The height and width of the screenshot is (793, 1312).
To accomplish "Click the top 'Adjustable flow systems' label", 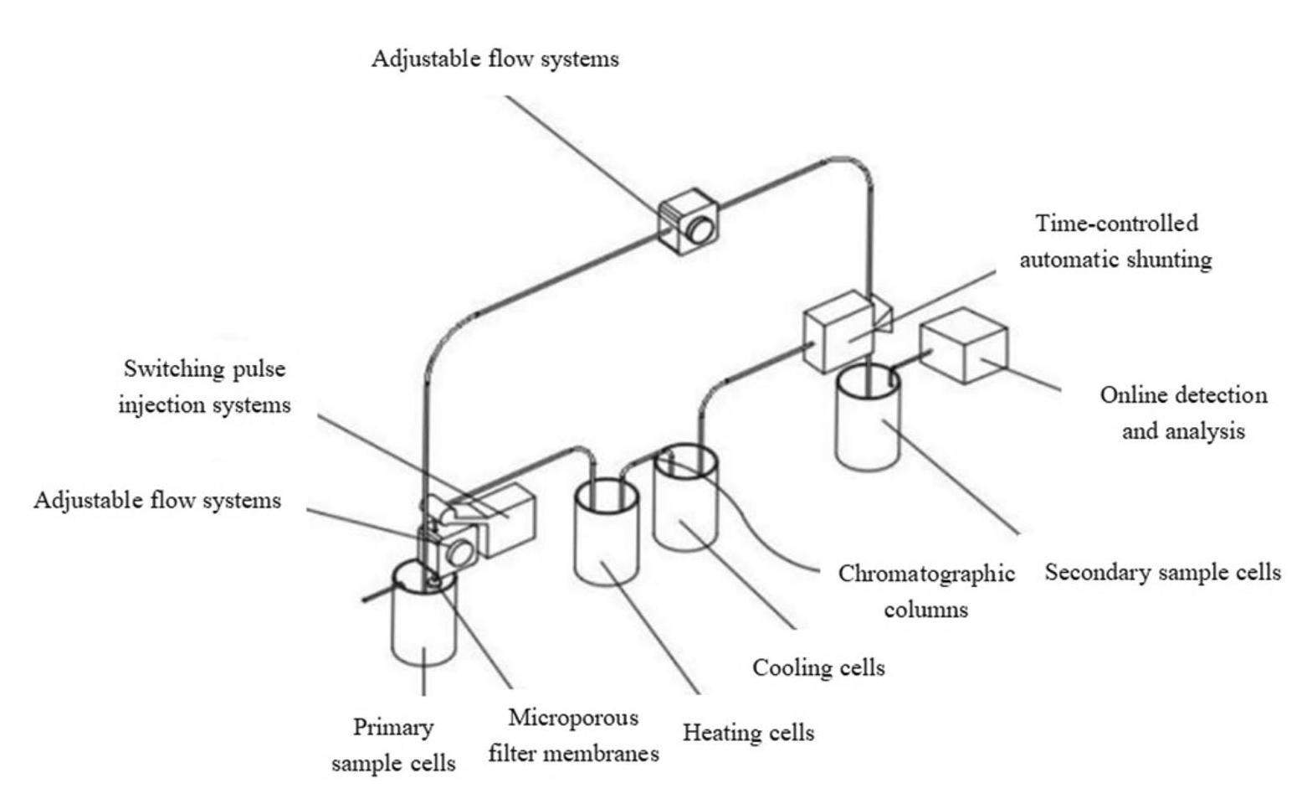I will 495,59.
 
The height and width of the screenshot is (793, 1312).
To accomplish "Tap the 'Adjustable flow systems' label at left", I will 157,501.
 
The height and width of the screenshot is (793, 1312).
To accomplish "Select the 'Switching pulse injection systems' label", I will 204,387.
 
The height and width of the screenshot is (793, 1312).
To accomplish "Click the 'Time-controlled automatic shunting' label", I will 1115,241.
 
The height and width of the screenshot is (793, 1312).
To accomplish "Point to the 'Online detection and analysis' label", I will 1183,413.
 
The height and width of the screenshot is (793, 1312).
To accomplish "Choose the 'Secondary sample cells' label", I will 1162,573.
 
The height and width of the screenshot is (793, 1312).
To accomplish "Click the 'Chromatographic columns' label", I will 926,591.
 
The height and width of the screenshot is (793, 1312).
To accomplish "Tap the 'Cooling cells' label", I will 818,667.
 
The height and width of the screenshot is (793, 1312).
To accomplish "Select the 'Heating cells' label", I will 748,733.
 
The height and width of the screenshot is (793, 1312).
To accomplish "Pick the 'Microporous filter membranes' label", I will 573,736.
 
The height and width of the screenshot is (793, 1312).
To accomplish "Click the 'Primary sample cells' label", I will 393,745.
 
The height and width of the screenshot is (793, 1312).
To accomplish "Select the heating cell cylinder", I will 606,540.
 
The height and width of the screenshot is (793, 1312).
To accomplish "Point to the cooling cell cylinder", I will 685,507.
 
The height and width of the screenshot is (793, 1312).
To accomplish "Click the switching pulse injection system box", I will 507,520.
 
